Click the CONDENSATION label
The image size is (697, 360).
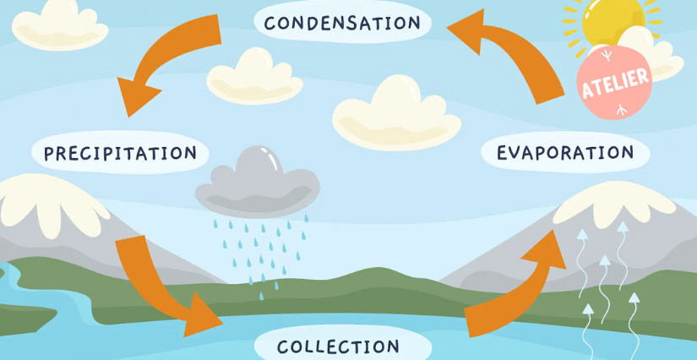[x=341, y=23]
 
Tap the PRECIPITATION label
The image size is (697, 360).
[x=120, y=153]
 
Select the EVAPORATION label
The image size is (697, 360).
[x=565, y=153]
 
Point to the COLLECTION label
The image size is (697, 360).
[x=338, y=346]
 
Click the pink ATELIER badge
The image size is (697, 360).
[x=614, y=80]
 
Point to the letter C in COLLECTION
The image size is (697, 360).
[x=284, y=346]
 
